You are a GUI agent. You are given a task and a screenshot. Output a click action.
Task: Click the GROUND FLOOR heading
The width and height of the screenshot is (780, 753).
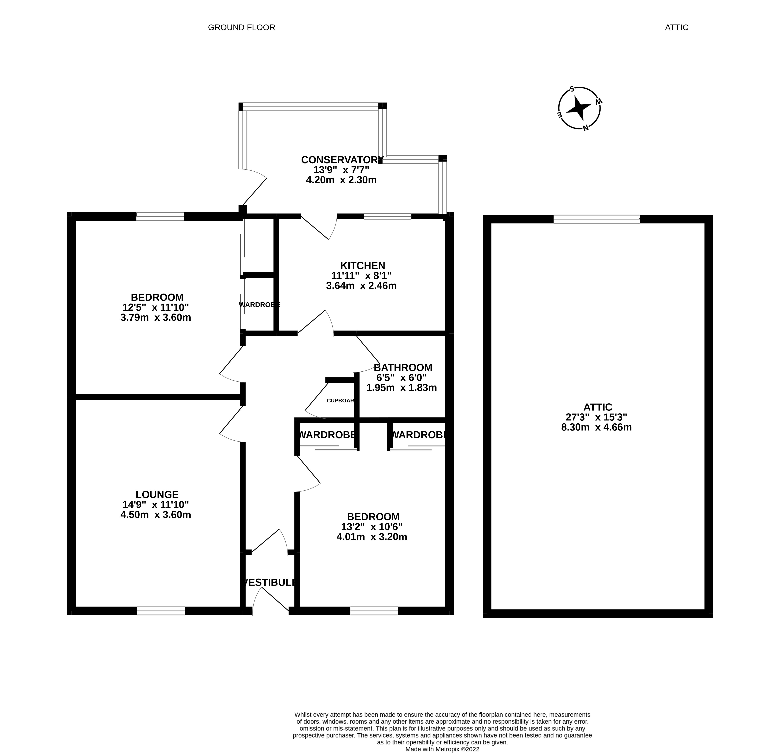click(x=242, y=27)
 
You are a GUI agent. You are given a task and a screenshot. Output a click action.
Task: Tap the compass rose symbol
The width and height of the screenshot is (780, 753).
click(x=579, y=108)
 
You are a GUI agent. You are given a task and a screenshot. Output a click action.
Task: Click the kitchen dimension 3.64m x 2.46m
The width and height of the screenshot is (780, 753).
click(x=361, y=286)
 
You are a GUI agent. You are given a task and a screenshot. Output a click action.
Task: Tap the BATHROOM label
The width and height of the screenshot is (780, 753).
click(x=403, y=367)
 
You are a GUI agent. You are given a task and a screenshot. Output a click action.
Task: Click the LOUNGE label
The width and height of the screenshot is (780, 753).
click(x=157, y=494)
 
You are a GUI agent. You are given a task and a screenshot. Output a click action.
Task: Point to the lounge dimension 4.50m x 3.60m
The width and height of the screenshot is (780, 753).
click(x=156, y=515)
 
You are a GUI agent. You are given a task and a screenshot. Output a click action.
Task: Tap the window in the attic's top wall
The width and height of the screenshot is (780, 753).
click(x=596, y=219)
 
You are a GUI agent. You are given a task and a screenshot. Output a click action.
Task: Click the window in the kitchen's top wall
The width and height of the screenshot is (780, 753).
click(x=387, y=216)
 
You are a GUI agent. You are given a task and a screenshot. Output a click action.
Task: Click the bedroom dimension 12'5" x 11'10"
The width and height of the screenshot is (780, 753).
click(x=156, y=307)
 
